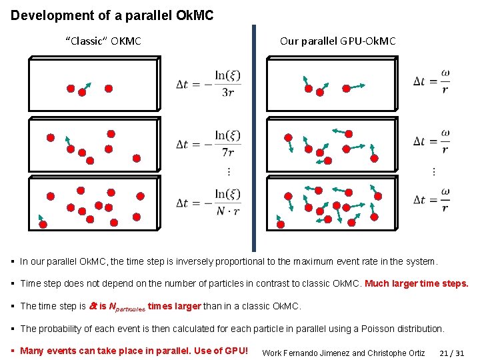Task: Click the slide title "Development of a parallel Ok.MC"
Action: tap(112, 15)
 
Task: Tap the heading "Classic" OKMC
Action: tap(103, 41)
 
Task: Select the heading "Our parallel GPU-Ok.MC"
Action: tap(337, 41)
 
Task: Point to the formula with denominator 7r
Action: tap(209, 143)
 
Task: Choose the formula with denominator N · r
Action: tap(209, 202)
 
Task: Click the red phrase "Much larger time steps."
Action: tap(417, 283)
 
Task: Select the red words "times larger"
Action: tap(174, 306)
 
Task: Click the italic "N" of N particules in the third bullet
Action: tap(112, 306)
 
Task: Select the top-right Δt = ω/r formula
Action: tap(431, 81)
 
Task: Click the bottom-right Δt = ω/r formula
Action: tap(431, 199)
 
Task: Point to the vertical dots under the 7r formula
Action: tap(229, 172)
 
